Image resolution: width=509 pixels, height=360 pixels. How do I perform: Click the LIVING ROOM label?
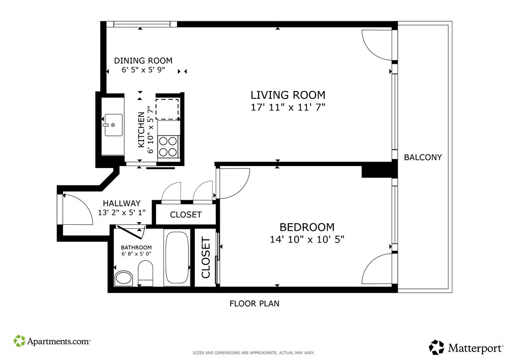[x=288, y=95]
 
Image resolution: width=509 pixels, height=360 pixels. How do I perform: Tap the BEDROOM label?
[x=307, y=227]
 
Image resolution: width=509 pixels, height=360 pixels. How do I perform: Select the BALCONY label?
[x=423, y=157]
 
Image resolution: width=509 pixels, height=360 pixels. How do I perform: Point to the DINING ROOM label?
[x=143, y=60]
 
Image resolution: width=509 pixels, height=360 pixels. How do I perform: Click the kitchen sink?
[x=113, y=125]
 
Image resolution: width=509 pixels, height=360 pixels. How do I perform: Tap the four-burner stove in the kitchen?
[x=168, y=147]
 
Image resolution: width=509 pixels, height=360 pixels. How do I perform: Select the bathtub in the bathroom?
[x=177, y=258]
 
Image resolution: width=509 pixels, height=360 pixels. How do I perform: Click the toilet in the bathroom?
[x=146, y=273]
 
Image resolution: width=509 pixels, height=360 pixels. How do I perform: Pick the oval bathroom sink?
[x=124, y=278]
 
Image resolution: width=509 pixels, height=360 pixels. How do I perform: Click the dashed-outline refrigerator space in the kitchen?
[x=167, y=109]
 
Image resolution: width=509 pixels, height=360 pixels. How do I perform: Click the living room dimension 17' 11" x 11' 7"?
[x=288, y=107]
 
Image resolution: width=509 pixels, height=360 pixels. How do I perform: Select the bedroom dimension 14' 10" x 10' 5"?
[x=307, y=240]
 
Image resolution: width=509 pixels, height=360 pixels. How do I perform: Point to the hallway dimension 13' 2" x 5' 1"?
[x=122, y=212]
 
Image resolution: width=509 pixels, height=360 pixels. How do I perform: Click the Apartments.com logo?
[x=52, y=341]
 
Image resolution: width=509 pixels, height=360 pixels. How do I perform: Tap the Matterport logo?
[x=466, y=348]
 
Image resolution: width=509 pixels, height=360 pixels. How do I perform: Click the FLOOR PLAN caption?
[x=254, y=303]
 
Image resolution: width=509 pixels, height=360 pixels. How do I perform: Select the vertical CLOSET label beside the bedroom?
[x=206, y=258]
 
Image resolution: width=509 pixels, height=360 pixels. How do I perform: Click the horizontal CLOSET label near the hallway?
[x=186, y=215]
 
